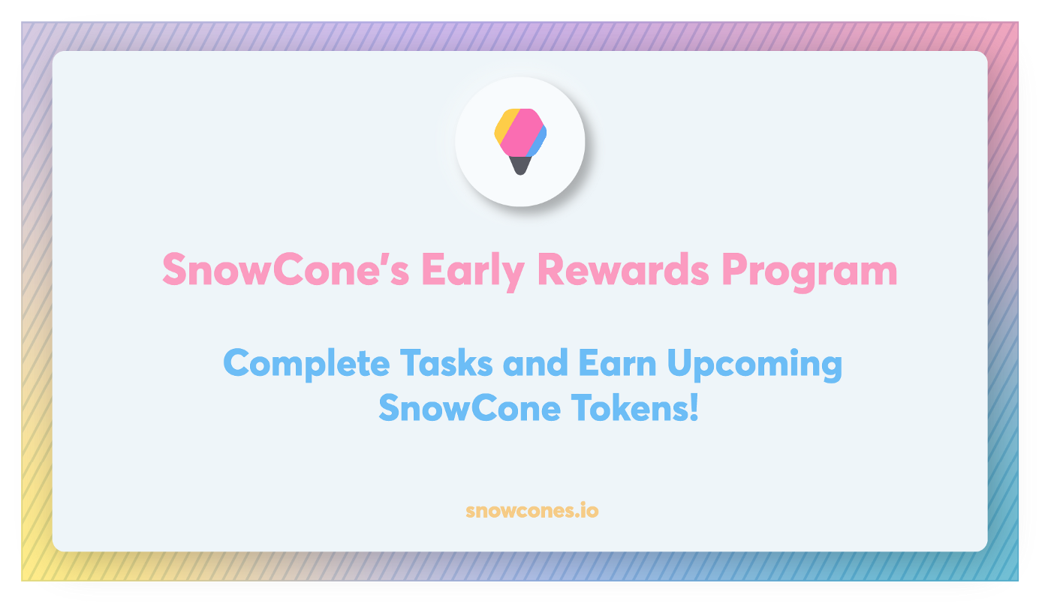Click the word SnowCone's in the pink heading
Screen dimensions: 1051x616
pos(286,269)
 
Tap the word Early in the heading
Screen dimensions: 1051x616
pos(473,272)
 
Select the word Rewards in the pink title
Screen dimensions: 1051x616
pos(623,269)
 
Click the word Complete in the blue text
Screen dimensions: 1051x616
pos(306,365)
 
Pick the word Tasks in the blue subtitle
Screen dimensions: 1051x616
pos(446,363)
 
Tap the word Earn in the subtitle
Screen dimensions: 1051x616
pos(617,363)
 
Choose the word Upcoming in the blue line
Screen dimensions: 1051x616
pos(754,365)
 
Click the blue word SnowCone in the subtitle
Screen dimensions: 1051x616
pos(470,407)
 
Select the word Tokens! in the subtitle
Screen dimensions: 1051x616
pos(635,407)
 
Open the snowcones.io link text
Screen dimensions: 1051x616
pos(532,510)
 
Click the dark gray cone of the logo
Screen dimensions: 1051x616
pos(519,166)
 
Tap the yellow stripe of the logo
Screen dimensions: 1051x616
pos(505,125)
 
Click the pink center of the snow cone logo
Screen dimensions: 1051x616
pos(520,133)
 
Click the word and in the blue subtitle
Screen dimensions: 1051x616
pos(535,363)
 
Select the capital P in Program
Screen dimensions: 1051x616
pos(734,269)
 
